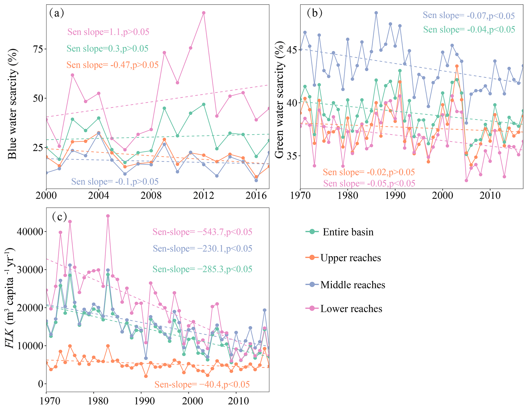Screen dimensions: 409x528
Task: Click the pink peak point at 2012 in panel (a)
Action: (x=204, y=13)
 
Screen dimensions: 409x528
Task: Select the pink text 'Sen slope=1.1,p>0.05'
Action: (x=108, y=32)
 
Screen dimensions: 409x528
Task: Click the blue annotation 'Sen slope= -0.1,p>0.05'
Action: (x=115, y=182)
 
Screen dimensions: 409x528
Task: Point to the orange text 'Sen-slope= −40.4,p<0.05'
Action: (x=202, y=384)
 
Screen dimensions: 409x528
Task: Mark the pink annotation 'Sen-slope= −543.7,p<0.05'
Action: (x=202, y=232)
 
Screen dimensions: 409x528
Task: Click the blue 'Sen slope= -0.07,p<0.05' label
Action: (x=468, y=16)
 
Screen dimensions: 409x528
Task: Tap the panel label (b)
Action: (x=314, y=13)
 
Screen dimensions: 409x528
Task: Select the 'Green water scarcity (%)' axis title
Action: (x=280, y=100)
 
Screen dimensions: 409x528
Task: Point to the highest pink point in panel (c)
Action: (x=108, y=216)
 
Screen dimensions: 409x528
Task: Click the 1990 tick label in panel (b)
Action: (x=395, y=196)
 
